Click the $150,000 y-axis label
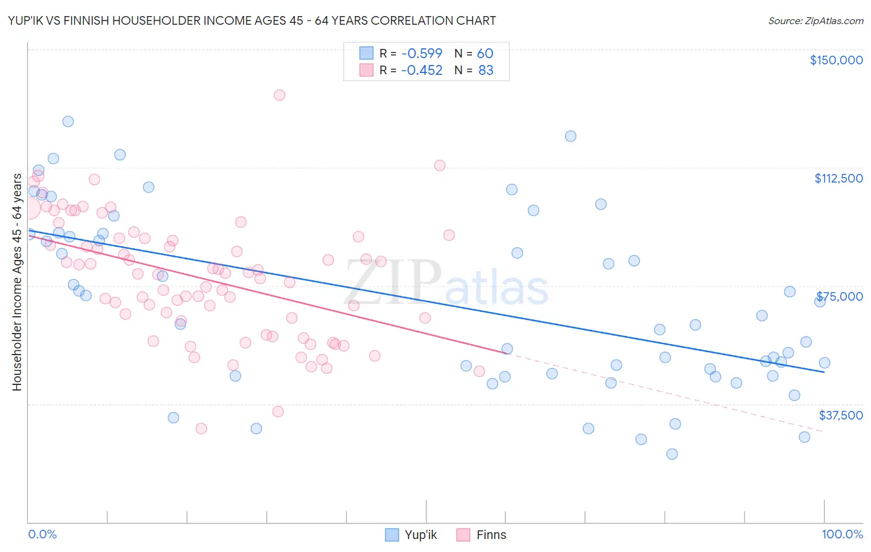click(836, 60)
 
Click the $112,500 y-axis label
click(838, 178)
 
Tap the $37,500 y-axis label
click(840, 415)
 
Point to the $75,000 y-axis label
click(839, 296)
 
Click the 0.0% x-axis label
click(42, 534)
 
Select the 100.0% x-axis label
click(842, 534)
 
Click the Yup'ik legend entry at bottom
click(411, 535)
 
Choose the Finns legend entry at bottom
click(481, 535)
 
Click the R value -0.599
click(421, 53)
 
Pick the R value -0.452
click(421, 71)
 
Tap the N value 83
click(486, 71)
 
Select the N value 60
click(485, 53)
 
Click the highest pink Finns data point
click(279, 95)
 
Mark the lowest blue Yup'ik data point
click(672, 454)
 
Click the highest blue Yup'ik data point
click(68, 121)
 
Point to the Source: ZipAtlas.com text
click(815, 21)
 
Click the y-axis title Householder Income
click(17, 282)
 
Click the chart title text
click(252, 20)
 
